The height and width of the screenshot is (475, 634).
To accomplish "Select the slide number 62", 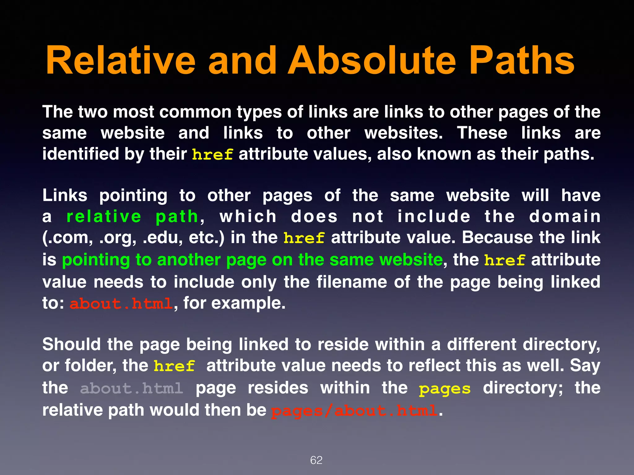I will click(x=316, y=460).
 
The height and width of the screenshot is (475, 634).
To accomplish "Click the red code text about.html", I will click(x=121, y=304).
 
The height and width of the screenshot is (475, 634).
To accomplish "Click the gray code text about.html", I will click(x=132, y=388).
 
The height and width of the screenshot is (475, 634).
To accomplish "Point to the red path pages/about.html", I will click(x=354, y=411).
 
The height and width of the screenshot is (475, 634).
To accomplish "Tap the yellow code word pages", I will click(x=445, y=389).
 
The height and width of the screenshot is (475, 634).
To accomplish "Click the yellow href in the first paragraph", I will click(x=212, y=154).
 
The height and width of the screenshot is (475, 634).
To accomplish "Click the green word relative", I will click(x=104, y=216).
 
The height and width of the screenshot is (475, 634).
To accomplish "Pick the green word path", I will click(x=177, y=217).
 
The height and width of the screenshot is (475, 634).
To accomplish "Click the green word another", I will click(x=189, y=260).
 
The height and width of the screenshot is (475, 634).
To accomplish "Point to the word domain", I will click(x=565, y=216).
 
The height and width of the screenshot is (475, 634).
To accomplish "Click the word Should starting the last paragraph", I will click(x=72, y=344).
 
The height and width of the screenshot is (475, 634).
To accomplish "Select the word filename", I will click(x=352, y=282).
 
